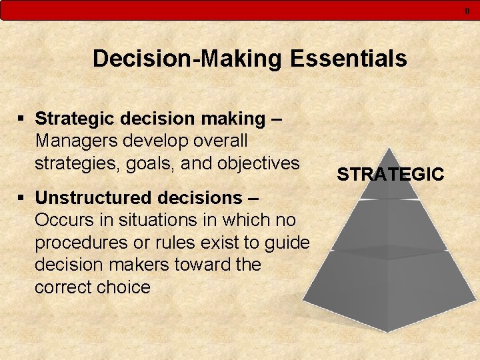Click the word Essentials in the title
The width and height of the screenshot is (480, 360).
point(349,59)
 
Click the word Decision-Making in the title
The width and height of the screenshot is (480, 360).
point(189,59)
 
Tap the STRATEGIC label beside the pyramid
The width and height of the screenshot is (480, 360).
point(390,175)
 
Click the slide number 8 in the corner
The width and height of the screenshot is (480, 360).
point(467,10)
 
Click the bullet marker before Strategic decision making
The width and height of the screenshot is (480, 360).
point(23,119)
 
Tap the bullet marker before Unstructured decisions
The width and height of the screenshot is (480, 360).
point(23,198)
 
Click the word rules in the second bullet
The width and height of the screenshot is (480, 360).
point(164,243)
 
